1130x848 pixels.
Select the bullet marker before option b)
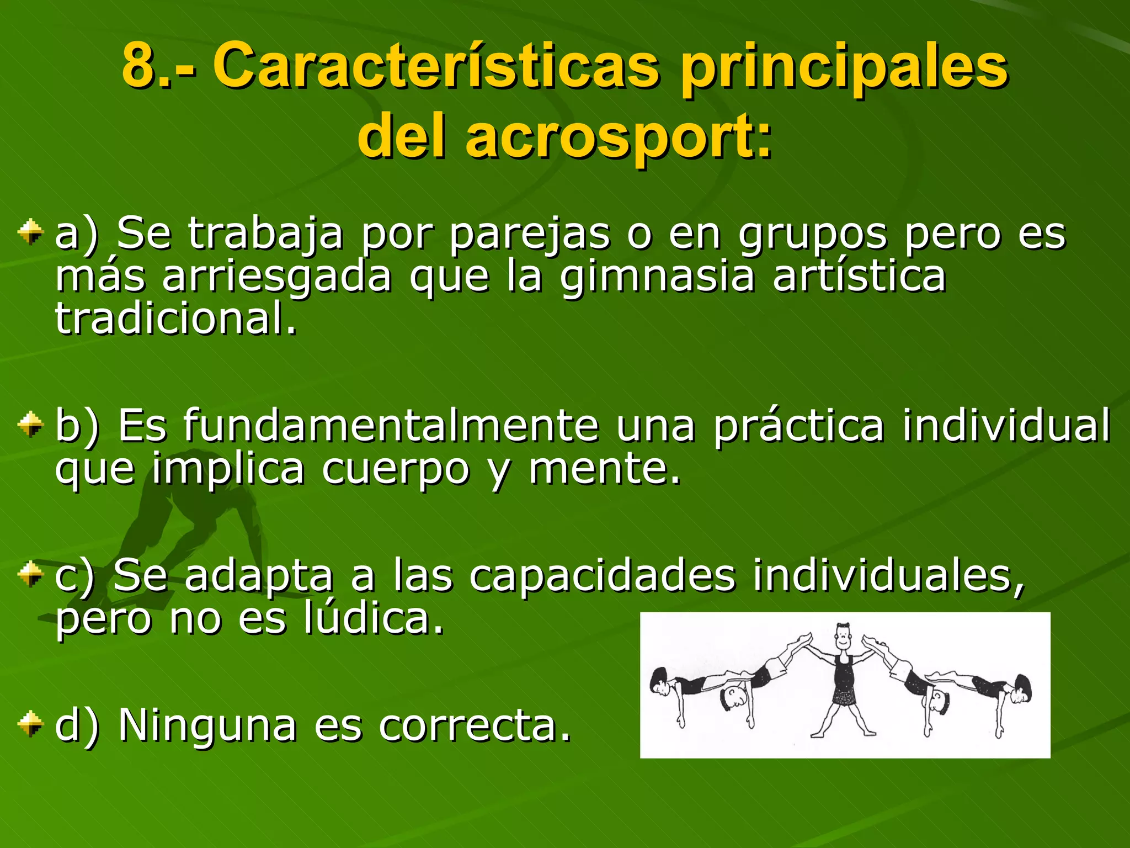pyautogui.click(x=30, y=425)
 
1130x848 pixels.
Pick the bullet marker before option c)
pyautogui.click(x=30, y=575)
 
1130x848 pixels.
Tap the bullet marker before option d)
pyautogui.click(x=30, y=724)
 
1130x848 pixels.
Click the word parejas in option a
pyautogui.click(x=530, y=235)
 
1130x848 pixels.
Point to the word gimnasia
pyautogui.click(x=657, y=277)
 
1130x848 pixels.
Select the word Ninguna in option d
pyautogui.click(x=207, y=725)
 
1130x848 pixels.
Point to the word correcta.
pyautogui.click(x=475, y=725)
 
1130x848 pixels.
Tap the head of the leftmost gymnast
pyautogui.click(x=659, y=682)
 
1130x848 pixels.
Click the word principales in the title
pyautogui.click(x=844, y=67)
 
